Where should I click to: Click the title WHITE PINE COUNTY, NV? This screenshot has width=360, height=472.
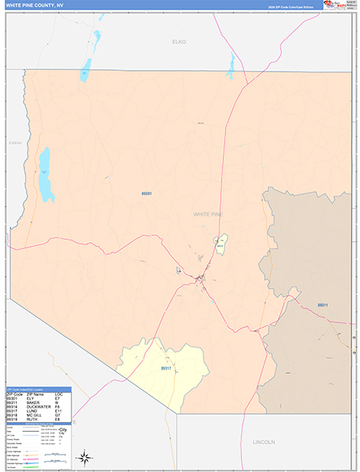click(35, 5)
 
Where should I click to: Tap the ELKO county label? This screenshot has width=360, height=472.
click(179, 41)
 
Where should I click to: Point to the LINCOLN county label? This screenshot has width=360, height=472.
click(264, 442)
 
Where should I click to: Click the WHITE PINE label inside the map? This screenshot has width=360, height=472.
click(208, 213)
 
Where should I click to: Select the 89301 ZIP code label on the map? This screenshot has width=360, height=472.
click(146, 194)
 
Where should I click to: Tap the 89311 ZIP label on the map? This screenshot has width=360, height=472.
click(322, 304)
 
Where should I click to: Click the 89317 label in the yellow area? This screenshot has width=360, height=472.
click(166, 367)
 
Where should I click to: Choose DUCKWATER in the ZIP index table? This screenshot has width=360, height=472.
click(38, 405)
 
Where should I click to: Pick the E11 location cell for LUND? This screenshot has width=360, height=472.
click(58, 410)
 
